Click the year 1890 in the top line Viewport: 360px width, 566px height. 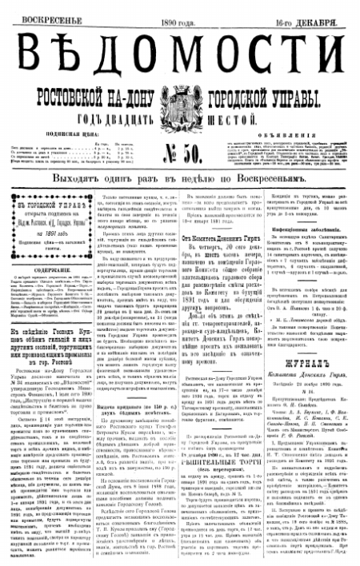point(174,9)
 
